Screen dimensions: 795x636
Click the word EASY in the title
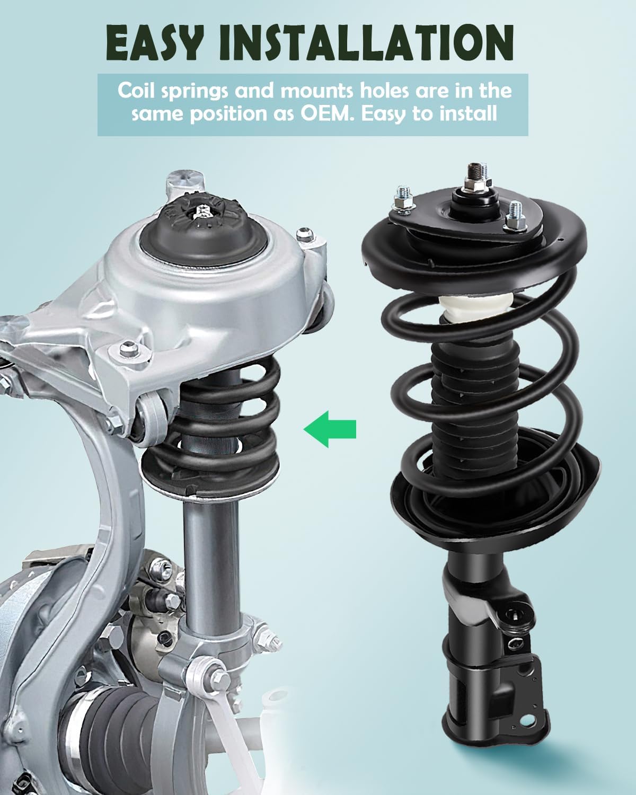click(x=153, y=42)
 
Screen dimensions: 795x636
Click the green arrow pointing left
click(x=330, y=428)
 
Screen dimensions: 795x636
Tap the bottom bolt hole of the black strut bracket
click(x=527, y=723)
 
